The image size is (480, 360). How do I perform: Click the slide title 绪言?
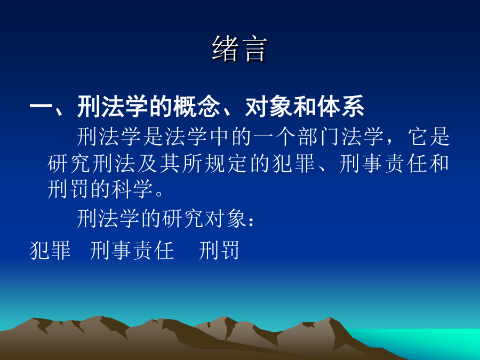[x=239, y=49]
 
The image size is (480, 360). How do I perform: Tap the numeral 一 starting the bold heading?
[x=41, y=107]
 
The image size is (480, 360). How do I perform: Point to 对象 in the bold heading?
[x=268, y=106]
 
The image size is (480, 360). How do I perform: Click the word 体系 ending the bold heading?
[x=341, y=106]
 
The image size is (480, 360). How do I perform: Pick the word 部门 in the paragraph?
[x=319, y=137]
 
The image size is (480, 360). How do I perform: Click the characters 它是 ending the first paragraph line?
[x=429, y=137]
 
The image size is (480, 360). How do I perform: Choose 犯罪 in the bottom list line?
[x=50, y=250]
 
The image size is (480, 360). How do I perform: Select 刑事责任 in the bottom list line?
[x=132, y=250]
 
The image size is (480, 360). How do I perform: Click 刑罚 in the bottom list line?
[x=219, y=250]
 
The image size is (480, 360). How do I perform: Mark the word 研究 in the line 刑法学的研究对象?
[x=183, y=218]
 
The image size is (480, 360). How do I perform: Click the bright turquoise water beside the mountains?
[x=429, y=340]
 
